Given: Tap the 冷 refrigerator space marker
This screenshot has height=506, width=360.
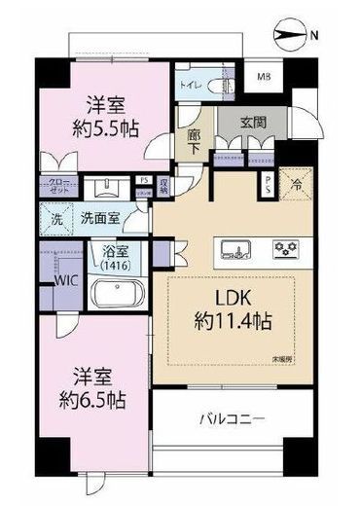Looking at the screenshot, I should (293, 181).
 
